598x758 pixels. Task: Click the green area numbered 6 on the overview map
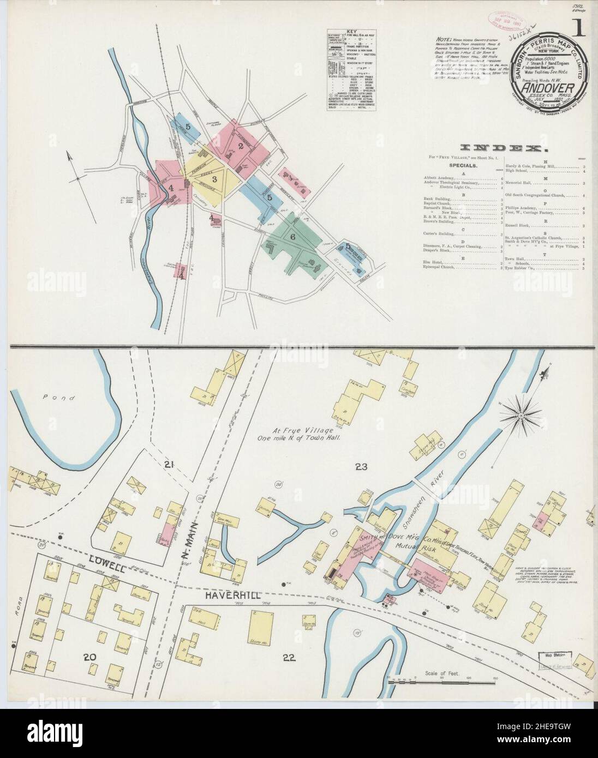pyautogui.click(x=292, y=237)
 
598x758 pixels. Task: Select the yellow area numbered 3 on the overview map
pyautogui.click(x=215, y=179)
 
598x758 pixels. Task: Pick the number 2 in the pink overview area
pyautogui.click(x=240, y=146)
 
